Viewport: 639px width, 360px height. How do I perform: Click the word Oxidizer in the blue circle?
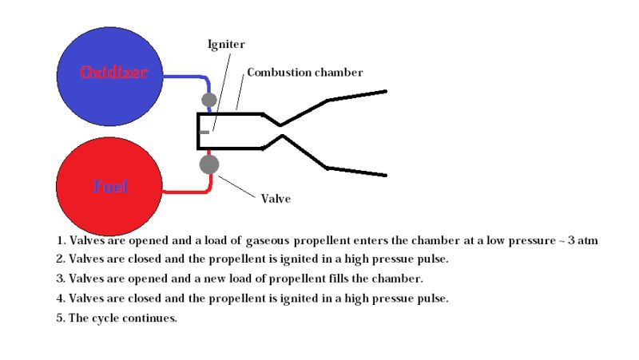click(x=113, y=73)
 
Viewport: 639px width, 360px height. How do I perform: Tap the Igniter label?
click(x=226, y=44)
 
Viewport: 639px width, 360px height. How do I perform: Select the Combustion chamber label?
click(x=304, y=73)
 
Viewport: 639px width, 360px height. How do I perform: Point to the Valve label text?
click(x=276, y=198)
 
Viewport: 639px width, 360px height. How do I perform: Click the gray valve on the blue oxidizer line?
click(x=209, y=100)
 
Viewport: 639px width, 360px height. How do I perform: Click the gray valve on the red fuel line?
click(x=209, y=164)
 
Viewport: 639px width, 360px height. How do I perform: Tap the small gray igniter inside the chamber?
click(x=205, y=132)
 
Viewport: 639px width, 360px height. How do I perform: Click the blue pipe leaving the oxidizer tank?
click(x=185, y=77)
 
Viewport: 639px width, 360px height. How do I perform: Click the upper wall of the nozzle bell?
click(x=356, y=96)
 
